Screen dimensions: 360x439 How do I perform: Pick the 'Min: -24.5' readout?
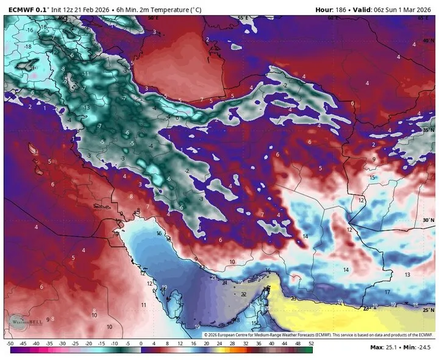pos(419,347)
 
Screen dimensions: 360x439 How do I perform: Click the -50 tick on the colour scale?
pos(10,344)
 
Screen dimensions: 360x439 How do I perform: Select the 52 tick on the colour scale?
pos(311,344)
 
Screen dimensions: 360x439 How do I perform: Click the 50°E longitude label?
pos(152,18)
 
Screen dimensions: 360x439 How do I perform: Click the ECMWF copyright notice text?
pos(317,335)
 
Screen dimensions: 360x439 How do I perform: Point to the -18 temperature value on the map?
pos(27,46)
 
